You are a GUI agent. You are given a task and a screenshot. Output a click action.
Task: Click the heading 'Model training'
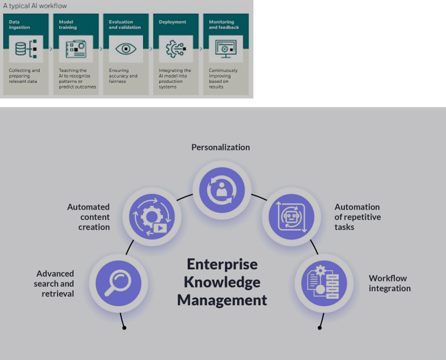click(68, 25)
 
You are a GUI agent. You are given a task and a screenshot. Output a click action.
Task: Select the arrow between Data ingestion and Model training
click(51, 49)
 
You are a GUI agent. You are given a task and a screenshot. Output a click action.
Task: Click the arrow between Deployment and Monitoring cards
click(201, 49)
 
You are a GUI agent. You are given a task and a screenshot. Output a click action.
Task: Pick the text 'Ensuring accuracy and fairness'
click(123, 76)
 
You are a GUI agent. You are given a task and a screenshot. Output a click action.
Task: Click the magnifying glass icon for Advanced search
click(118, 283)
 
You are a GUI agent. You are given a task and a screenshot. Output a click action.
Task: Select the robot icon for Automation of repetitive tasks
click(291, 216)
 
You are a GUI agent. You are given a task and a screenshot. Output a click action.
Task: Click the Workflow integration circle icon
click(321, 283)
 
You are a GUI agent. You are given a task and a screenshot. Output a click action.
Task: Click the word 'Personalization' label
click(221, 147)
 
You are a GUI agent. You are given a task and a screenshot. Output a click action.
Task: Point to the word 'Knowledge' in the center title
click(222, 282)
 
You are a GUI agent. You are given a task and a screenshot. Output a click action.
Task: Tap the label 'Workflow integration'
click(390, 283)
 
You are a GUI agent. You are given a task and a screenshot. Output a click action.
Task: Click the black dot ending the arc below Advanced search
click(124, 327)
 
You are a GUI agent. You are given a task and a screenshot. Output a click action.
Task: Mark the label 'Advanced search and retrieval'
click(54, 284)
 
